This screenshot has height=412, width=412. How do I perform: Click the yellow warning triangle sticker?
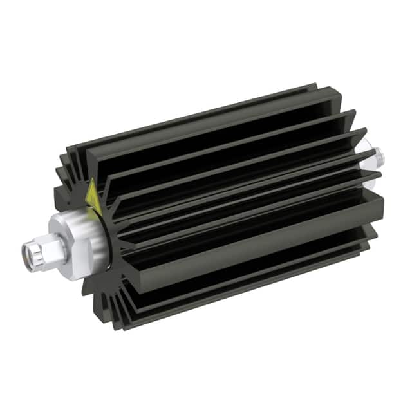(92, 192)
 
